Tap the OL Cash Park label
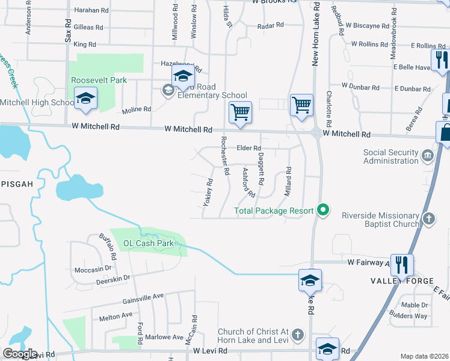tap(149, 244)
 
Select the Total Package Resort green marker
tap(324, 210)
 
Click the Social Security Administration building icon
tap(428, 156)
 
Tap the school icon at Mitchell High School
tap(85, 99)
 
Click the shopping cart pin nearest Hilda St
tap(240, 111)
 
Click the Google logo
tap(20, 354)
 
